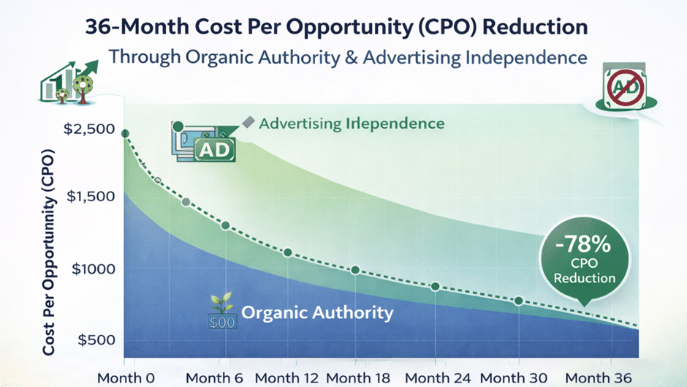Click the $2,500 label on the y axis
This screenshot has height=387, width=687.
coord(89,129)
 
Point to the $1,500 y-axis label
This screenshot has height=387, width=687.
coord(91,196)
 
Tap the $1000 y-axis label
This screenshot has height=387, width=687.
coord(94,268)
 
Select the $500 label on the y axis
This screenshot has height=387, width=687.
coord(96,339)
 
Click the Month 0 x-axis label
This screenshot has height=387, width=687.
coord(126,377)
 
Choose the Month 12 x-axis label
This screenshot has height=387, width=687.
coord(286,377)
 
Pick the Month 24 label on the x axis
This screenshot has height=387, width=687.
coord(438,377)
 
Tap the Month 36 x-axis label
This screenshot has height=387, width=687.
coord(599,377)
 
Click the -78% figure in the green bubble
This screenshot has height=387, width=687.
coord(583,244)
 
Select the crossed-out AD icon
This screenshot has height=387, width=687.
coord(626,87)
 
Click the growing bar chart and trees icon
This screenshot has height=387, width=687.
coord(69,82)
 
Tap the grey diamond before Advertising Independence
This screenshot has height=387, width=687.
coord(248,122)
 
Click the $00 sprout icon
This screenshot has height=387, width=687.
coord(222,311)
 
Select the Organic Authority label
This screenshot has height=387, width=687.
coord(317,313)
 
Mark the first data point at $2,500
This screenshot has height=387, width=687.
coord(125,134)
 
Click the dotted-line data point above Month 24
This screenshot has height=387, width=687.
coord(435,287)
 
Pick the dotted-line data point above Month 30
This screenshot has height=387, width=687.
coord(519,301)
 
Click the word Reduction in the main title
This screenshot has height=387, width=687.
coord(534,27)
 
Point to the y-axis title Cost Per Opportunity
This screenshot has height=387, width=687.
coord(49,252)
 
